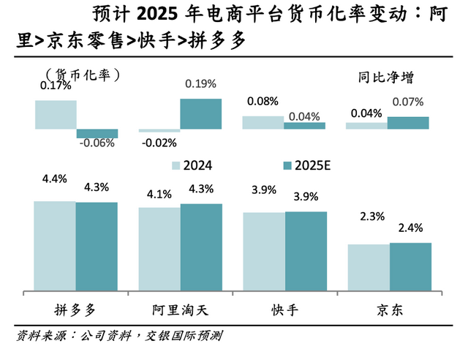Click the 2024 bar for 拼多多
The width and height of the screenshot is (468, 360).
(55, 246)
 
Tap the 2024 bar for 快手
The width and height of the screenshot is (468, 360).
(263, 252)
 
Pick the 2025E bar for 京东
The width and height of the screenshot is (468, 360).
(410, 267)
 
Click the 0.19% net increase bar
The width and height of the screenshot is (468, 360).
(201, 114)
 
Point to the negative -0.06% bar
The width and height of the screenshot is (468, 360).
(97, 134)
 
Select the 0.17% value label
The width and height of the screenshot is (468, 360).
(55, 86)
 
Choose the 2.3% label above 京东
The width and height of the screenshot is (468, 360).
(368, 216)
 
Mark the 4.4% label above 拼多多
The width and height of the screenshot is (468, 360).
(55, 178)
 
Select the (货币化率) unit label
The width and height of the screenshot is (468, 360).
(82, 74)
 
